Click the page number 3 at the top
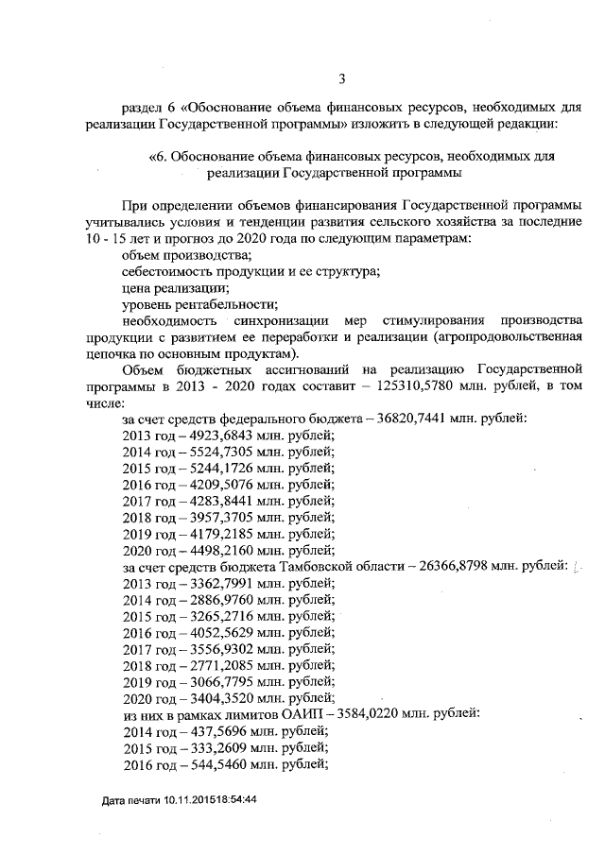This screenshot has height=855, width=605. point(341,78)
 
